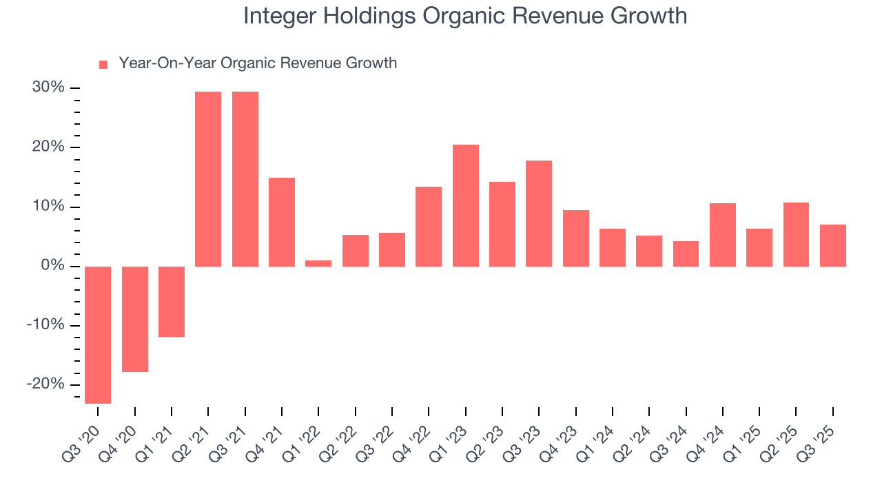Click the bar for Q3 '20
tap(98, 335)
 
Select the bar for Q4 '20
tap(135, 319)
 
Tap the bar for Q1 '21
tap(172, 302)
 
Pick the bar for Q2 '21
tap(208, 179)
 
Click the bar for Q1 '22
tap(318, 263)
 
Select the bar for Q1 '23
tap(466, 205)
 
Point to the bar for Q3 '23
tap(539, 214)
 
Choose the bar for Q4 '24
tap(723, 235)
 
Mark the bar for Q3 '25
tap(833, 245)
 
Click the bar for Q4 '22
tap(429, 227)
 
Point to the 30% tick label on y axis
tap(48, 87)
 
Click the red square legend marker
tap(103, 64)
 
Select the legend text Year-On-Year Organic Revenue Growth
tap(258, 63)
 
